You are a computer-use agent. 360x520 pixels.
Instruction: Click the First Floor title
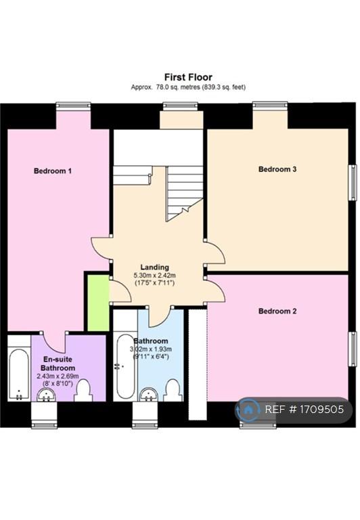coord(188,77)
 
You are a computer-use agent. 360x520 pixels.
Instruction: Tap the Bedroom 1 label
coord(53,171)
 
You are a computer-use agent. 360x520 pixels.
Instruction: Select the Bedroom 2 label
coord(277,311)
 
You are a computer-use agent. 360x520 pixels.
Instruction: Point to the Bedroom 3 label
coord(277,169)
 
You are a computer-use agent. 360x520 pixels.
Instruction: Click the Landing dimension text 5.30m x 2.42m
coord(154,276)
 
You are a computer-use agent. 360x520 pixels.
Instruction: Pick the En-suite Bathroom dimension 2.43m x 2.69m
coord(58,376)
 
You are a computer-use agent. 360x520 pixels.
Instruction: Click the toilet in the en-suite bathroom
coord(83,391)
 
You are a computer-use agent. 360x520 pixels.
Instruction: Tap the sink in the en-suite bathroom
coord(46,395)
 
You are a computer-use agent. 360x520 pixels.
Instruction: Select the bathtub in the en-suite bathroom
coord(19,374)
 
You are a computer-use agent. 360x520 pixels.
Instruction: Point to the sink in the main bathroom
coord(150,395)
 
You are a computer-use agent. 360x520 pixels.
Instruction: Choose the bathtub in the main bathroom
coord(126,366)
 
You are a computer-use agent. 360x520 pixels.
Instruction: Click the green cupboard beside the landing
coord(98,303)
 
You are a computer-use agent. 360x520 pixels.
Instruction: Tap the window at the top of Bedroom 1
coord(73,106)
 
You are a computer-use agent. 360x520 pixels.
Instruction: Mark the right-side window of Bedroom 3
coord(353,182)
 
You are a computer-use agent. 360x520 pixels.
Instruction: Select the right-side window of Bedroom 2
coord(353,348)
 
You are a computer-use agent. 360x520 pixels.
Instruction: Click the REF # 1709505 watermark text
coord(305,410)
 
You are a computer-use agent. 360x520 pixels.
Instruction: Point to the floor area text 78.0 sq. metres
coord(176,87)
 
